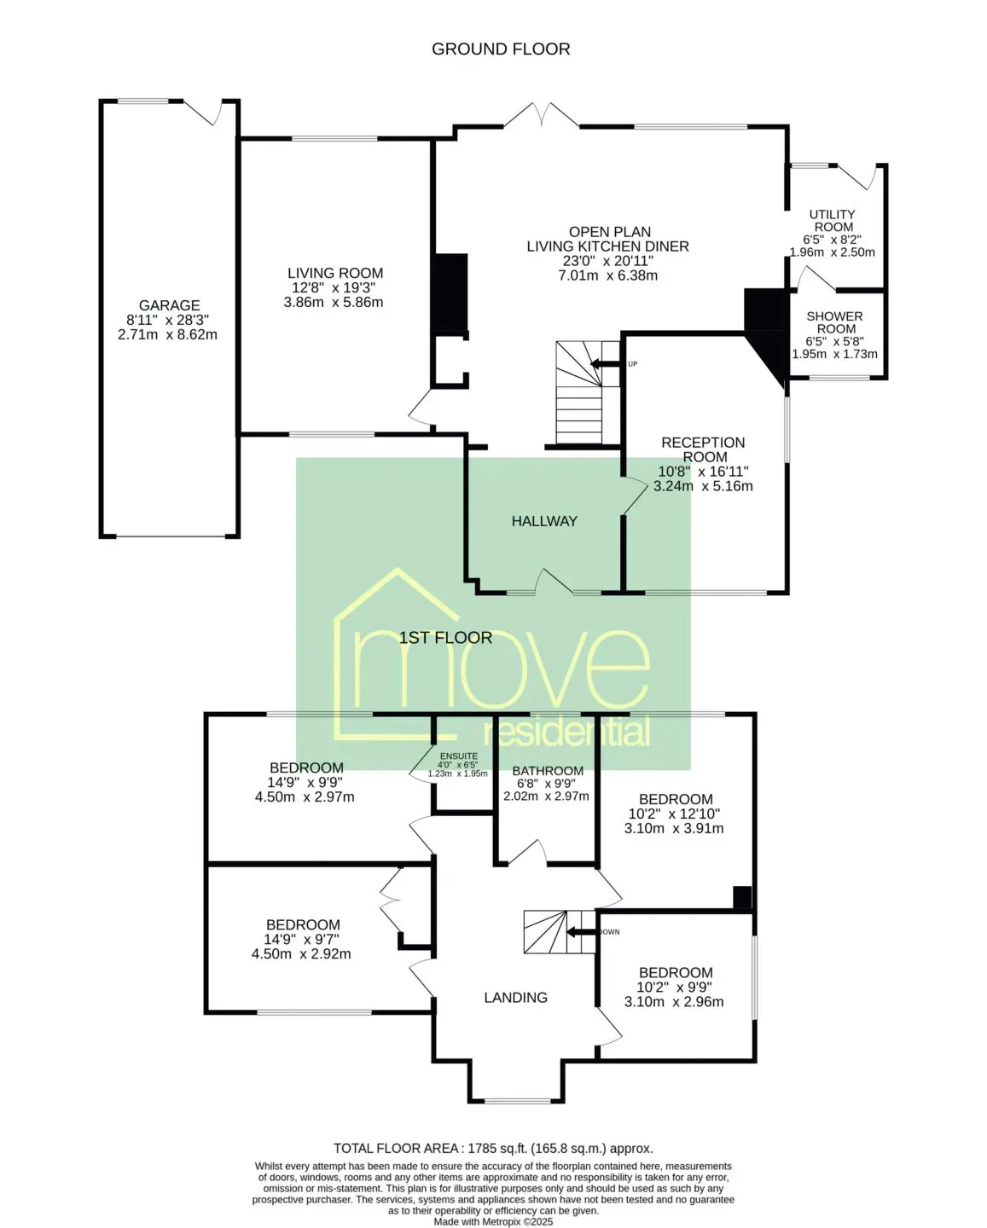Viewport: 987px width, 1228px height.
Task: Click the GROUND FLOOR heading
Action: (501, 49)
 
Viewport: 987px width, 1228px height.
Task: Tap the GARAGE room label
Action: (170, 305)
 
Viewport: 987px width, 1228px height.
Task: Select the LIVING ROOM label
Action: (335, 273)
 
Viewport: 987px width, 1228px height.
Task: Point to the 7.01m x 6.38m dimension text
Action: (608, 275)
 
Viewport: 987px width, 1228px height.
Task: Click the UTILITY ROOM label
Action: (833, 220)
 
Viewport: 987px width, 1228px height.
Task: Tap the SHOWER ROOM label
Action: (834, 322)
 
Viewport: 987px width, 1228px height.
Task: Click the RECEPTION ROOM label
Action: (703, 449)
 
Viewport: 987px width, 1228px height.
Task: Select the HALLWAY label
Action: (544, 521)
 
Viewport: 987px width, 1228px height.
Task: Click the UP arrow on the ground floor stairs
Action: (605, 363)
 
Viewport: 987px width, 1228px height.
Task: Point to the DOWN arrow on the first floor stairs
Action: (581, 932)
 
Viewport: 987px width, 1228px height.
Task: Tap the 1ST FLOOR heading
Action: (445, 637)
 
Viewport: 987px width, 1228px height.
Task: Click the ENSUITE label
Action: (458, 756)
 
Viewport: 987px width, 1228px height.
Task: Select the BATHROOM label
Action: (548, 770)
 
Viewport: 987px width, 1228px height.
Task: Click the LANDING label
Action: (515, 997)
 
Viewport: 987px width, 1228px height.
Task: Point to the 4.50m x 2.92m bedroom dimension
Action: (301, 953)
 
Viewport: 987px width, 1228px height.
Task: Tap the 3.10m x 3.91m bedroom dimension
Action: (674, 828)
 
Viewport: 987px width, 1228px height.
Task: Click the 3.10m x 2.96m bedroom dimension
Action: (674, 1001)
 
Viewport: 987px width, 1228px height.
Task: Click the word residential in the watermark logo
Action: (566, 733)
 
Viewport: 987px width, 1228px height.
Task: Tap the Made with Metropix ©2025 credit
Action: (493, 1222)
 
